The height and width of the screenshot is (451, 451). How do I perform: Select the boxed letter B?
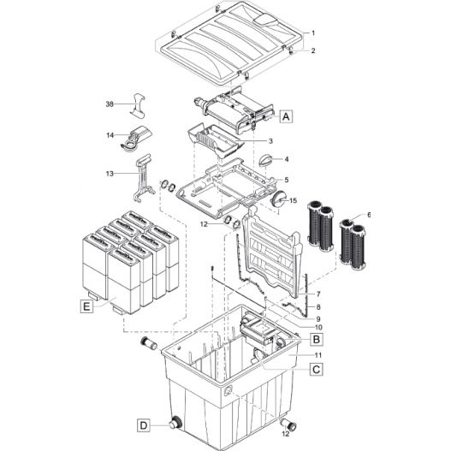pos(317,339)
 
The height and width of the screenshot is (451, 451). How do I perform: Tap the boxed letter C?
pos(317,370)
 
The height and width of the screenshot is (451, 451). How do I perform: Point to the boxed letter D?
pos(143,424)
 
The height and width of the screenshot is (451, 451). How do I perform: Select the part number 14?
pos(110,135)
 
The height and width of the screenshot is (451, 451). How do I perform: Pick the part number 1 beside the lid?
pos(313,33)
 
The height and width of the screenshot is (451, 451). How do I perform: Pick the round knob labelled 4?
pos(265,159)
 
